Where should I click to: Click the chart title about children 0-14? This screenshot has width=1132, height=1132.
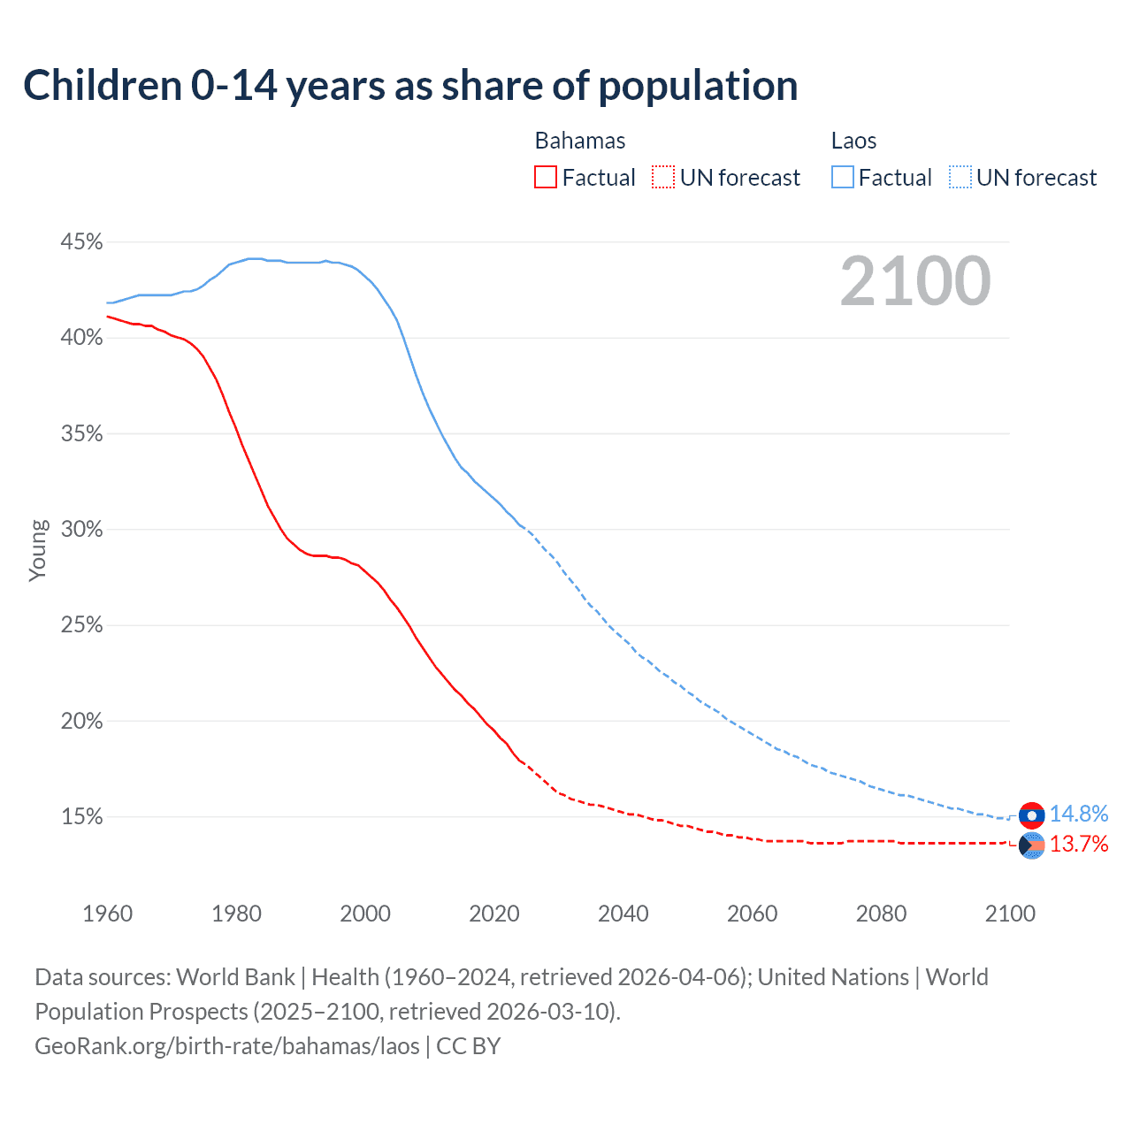(x=410, y=86)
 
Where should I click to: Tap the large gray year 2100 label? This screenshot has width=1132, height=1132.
(x=915, y=281)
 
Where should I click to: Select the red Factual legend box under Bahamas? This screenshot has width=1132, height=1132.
(x=546, y=178)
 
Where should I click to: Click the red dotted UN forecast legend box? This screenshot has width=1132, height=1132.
(x=663, y=178)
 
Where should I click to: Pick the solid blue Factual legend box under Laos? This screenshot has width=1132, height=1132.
(x=843, y=178)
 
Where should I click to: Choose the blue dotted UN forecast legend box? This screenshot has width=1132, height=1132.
(x=960, y=178)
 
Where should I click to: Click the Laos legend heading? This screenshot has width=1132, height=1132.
(x=853, y=141)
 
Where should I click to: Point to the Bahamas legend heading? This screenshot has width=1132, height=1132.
(x=580, y=141)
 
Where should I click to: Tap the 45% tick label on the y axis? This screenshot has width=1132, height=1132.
(x=81, y=242)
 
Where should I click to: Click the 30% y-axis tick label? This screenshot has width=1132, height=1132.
(x=81, y=530)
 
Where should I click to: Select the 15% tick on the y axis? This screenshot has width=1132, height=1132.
(x=81, y=817)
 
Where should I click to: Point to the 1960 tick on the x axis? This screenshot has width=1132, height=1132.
(x=107, y=914)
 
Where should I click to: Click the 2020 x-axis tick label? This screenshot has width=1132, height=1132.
(x=494, y=914)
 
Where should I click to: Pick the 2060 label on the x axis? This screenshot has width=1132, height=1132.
(x=752, y=914)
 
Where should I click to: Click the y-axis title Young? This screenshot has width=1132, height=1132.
(x=38, y=550)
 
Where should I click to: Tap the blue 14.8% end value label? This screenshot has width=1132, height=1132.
(x=1078, y=814)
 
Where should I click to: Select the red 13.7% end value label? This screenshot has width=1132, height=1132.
(x=1078, y=845)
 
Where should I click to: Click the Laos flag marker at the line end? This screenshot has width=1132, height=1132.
(x=1031, y=815)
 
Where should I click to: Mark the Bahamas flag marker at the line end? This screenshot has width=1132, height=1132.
(x=1031, y=845)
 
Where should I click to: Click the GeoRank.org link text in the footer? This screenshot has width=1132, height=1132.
(x=227, y=1046)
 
